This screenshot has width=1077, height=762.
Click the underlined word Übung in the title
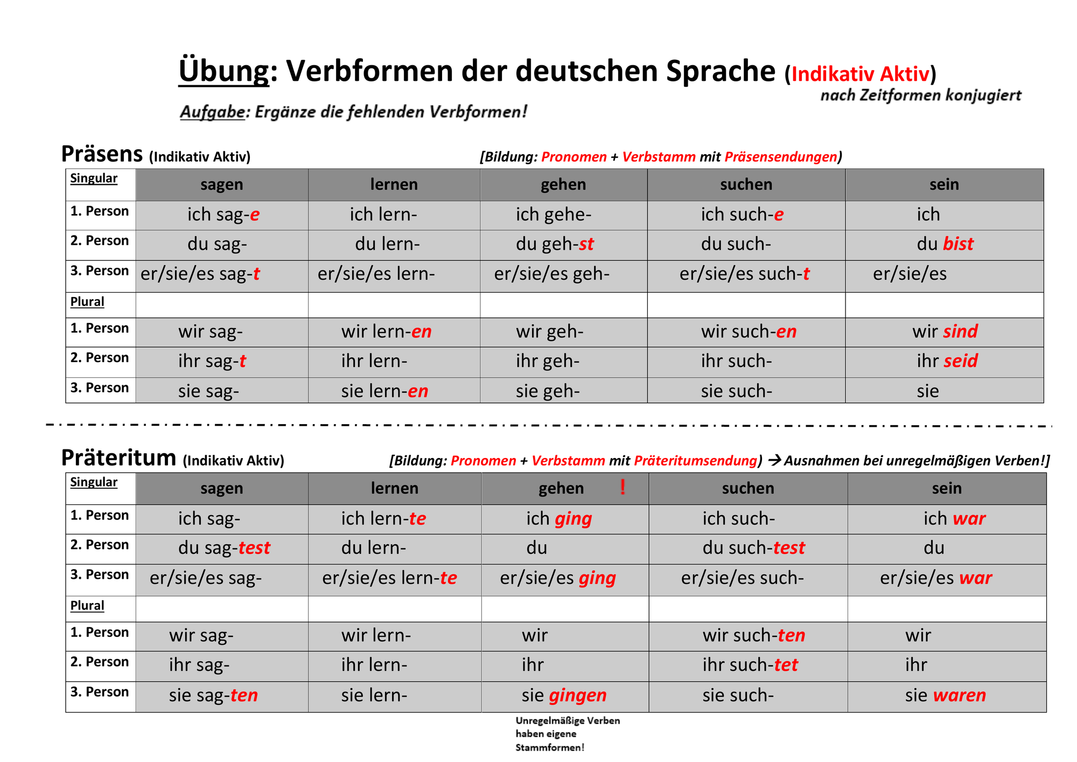pos(223,71)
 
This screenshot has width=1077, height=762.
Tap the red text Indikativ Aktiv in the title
pos(861,74)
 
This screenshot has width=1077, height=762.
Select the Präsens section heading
pos(102,154)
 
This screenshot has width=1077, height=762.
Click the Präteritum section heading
pos(118,458)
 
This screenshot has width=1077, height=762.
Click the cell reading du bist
pos(945,244)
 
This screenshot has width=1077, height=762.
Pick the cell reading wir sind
pos(945,331)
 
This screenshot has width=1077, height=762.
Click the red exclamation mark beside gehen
pos(623,487)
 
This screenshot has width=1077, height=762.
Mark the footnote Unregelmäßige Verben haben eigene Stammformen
pos(568,734)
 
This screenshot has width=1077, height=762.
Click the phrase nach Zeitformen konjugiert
pos(921,95)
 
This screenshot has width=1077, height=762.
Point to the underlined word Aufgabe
pos(212,112)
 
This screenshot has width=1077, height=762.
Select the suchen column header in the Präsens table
pos(746,184)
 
